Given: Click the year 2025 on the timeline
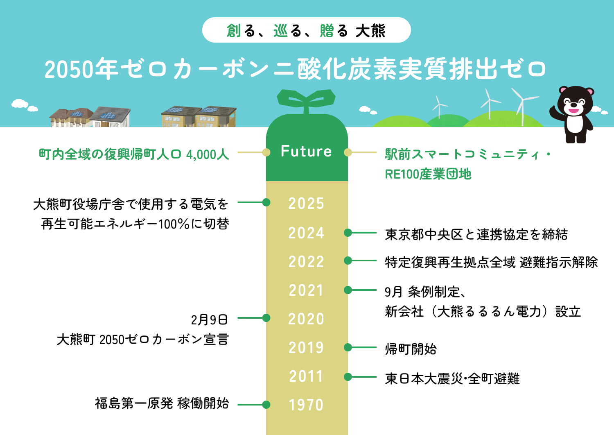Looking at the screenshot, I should (306, 204).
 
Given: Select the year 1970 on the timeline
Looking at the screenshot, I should (306, 405).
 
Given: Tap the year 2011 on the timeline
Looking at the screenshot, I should (306, 376).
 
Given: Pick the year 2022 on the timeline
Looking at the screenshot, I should (306, 262).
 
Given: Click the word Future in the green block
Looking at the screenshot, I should (306, 152).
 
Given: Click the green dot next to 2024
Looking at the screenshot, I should (348, 233).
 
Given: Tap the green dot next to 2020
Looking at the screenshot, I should (266, 318).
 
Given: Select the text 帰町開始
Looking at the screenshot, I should (411, 349).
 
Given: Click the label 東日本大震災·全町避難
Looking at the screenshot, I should (452, 378).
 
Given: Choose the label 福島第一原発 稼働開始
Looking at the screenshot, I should (162, 403).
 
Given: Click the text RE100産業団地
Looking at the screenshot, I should (428, 174).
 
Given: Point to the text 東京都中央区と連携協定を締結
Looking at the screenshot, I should (476, 234).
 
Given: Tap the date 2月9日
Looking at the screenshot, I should (209, 319).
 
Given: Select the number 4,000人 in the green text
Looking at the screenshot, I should (207, 154).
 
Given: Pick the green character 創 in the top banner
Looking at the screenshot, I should (234, 30).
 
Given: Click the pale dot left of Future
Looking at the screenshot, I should (266, 152).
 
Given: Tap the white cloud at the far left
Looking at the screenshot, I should (19, 103).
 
